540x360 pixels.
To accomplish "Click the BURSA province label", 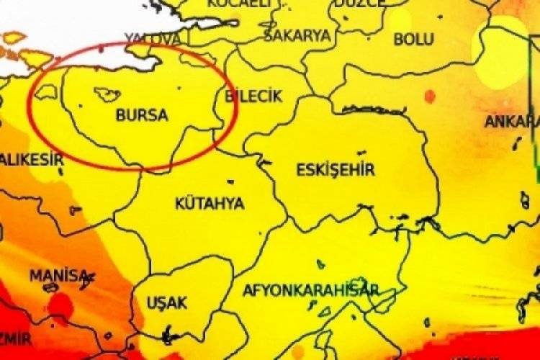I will coord(141,115).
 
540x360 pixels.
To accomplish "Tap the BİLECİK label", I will coord(254,96).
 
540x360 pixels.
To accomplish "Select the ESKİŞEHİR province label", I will coord(336,170).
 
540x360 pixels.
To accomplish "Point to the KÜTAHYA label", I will coord(210,203).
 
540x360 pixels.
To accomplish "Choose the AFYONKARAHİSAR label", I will coord(310,290).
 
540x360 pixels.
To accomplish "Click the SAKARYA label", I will coord(297,35).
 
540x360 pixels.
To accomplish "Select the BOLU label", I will coord(413,39).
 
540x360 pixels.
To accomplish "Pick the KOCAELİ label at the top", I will coord(238,4).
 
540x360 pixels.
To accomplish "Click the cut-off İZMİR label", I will coord(16,338).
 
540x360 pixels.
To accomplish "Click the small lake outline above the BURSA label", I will coord(107,94).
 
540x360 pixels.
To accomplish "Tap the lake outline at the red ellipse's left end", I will coord(48,92).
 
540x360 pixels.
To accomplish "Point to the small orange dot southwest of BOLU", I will coord(431,96).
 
